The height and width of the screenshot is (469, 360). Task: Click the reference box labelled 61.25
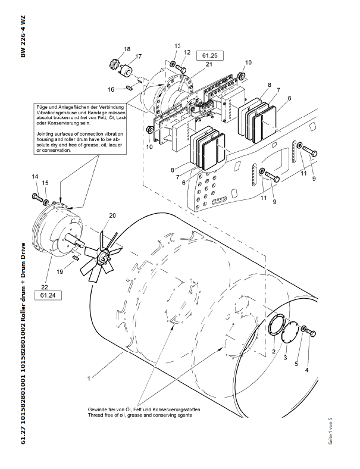215,55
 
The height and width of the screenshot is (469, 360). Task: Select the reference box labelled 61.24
48,295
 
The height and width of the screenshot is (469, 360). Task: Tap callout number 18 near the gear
127,49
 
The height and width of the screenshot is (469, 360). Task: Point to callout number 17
138,57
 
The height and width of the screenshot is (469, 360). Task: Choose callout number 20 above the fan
112,215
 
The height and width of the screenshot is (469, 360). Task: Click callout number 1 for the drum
89,377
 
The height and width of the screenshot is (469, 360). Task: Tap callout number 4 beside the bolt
307,370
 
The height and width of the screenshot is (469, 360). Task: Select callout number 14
35,176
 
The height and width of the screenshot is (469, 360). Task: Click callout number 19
60,271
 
